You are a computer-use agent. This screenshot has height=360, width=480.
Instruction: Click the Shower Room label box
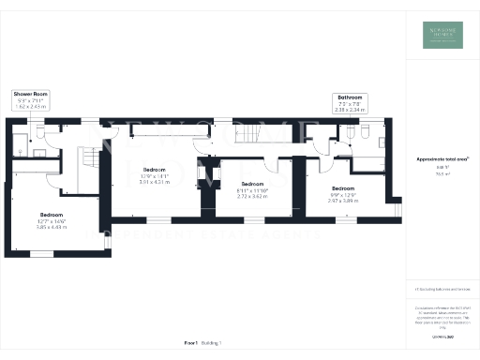coord(29,99)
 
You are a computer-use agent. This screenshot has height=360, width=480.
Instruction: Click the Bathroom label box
coord(352,102)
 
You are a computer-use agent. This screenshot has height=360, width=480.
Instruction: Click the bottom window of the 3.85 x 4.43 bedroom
coord(41,253)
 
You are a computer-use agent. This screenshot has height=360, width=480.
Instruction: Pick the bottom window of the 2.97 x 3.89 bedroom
coord(347,221)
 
